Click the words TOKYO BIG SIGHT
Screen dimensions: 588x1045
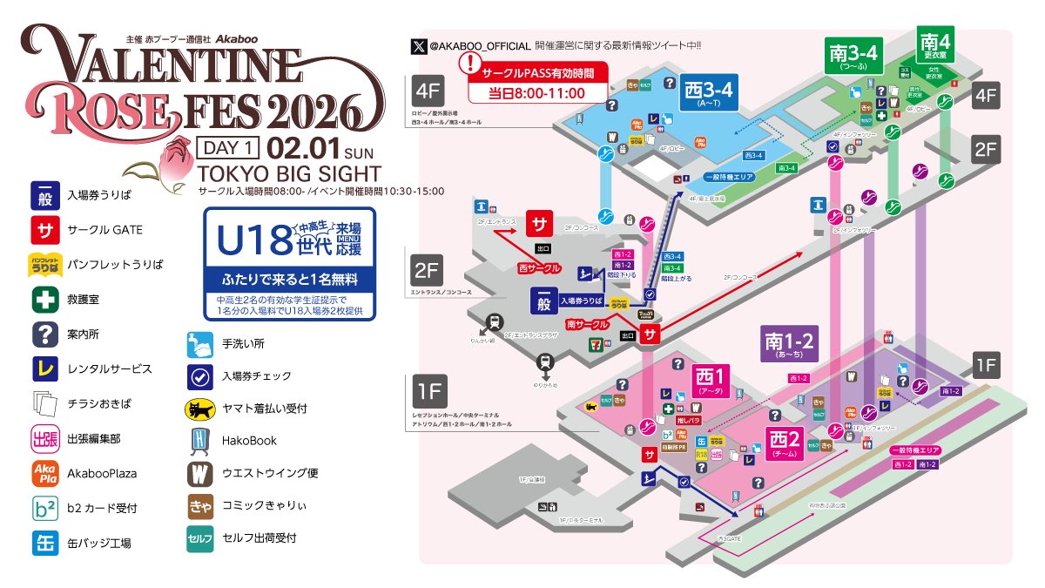coord(289,172)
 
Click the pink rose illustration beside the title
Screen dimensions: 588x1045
coord(178,159)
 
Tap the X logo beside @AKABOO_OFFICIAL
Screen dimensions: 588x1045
coord(421,44)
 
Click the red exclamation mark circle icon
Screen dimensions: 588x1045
coord(471,64)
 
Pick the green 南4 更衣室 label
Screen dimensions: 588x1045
coord(934,45)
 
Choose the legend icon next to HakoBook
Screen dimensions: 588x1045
coord(200,441)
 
